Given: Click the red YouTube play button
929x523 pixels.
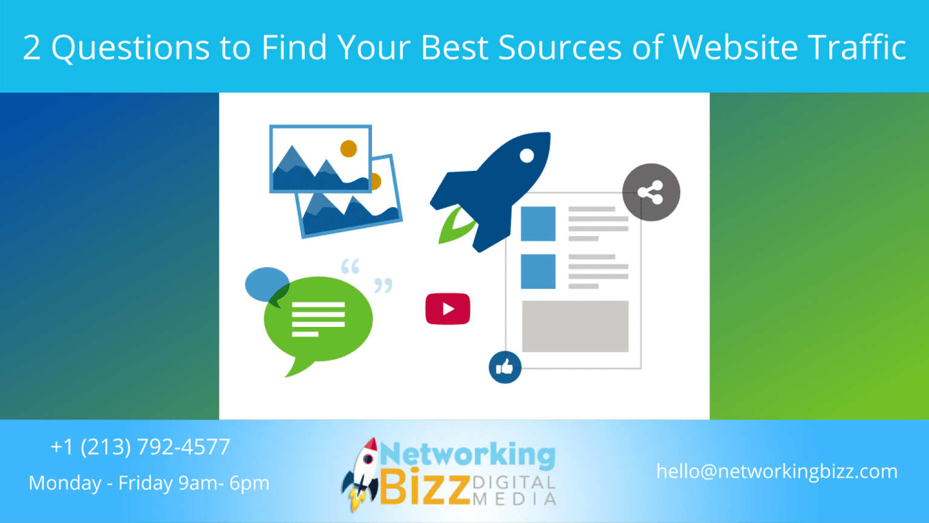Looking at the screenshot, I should (448, 309).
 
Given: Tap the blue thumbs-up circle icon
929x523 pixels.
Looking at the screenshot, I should (504, 367).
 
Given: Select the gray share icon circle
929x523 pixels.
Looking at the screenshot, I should (651, 192).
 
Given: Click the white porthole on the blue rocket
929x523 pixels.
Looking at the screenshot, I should (527, 156).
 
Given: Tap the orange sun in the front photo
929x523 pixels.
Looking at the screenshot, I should (348, 148).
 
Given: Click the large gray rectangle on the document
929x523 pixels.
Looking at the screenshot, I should (575, 326).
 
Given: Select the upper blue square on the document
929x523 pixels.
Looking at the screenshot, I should (538, 224).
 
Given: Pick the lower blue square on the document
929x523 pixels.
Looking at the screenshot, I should (538, 271).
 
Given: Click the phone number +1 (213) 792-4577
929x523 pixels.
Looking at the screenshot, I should (140, 447).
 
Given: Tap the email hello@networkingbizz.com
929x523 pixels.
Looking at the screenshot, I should (777, 471).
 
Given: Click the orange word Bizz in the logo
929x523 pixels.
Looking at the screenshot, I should (425, 487).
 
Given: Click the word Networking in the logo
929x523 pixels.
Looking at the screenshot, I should (468, 454).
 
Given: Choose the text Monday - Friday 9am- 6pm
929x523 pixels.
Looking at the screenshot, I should (149, 483).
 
